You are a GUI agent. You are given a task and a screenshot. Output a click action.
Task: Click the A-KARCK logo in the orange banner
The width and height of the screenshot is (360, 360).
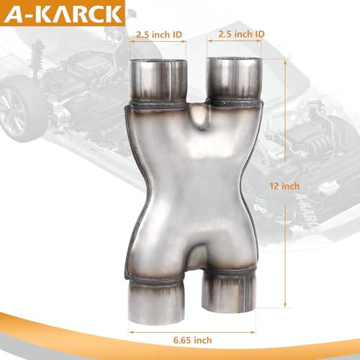[63, 14]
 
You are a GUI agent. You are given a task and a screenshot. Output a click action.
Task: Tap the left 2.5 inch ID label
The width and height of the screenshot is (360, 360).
[159, 35]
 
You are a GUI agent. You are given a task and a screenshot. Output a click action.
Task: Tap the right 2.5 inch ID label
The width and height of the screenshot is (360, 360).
[241, 34]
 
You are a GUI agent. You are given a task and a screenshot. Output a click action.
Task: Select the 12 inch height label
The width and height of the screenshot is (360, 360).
[284, 186]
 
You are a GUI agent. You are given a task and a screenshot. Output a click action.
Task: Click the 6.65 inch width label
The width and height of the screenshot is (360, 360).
[192, 340]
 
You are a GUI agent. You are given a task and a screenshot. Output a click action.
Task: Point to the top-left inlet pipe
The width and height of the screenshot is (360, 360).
[158, 81]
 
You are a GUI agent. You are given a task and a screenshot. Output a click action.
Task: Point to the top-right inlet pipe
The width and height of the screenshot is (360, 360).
[234, 79]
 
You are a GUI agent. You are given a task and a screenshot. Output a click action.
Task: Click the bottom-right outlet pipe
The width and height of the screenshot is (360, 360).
[228, 293]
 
